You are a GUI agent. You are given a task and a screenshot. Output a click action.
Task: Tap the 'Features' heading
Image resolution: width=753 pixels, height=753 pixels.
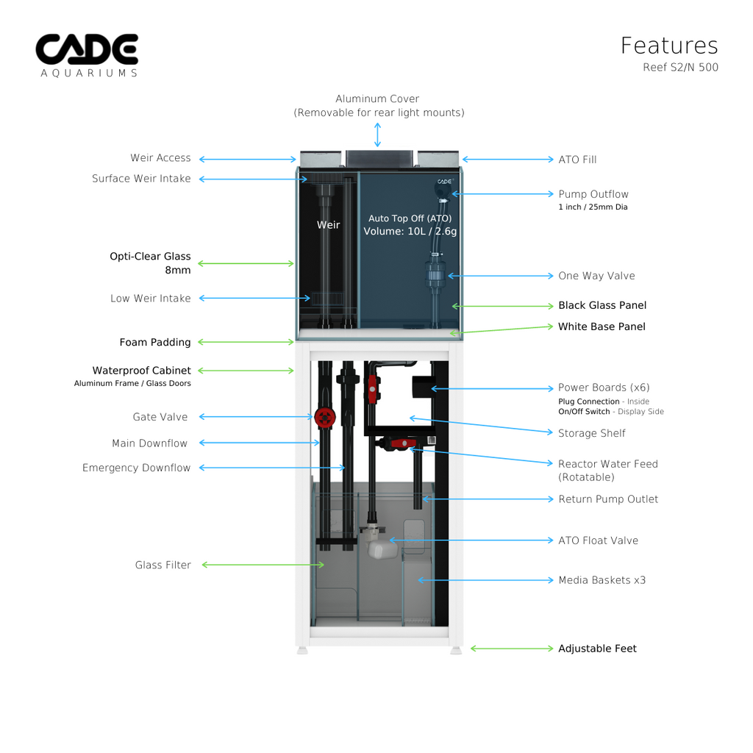click(x=668, y=46)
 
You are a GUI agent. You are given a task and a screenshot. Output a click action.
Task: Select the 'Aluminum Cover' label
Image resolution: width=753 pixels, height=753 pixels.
click(x=377, y=99)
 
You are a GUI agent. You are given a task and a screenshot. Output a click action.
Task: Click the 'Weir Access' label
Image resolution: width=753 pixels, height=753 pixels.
click(x=160, y=158)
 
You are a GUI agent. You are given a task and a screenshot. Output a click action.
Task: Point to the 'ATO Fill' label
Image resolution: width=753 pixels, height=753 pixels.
click(x=577, y=160)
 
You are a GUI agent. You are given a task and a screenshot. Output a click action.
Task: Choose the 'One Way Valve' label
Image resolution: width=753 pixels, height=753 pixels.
click(x=596, y=276)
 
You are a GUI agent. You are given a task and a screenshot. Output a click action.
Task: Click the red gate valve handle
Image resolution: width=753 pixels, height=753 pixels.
click(x=324, y=417)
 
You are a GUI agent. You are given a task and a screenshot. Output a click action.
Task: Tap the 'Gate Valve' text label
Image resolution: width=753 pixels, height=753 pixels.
click(x=160, y=417)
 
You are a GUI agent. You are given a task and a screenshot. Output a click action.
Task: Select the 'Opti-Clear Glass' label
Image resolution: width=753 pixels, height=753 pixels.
click(x=150, y=257)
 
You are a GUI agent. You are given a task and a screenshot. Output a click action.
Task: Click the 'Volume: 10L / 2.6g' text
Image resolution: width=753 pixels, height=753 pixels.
click(x=410, y=232)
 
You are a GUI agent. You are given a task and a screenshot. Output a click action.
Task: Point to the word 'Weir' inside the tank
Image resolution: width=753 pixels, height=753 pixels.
click(x=328, y=225)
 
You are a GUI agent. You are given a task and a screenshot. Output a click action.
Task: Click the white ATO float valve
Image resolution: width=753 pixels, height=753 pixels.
click(x=381, y=548)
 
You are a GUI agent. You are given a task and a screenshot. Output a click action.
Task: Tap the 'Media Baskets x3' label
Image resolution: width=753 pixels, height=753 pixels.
click(x=602, y=580)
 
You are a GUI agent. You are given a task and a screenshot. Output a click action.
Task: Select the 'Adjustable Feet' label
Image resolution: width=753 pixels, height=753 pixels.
click(x=597, y=649)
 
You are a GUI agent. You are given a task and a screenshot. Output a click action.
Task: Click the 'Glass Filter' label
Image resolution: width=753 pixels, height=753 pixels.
click(x=163, y=565)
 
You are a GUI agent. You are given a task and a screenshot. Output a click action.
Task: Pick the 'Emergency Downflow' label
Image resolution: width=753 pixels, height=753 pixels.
click(x=136, y=468)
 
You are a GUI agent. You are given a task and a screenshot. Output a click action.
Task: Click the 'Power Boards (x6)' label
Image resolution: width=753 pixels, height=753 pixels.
click(x=604, y=388)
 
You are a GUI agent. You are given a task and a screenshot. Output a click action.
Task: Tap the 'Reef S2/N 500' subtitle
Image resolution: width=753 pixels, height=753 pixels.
click(x=680, y=68)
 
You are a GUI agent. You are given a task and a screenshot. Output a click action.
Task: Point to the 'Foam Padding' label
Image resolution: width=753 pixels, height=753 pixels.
click(x=155, y=342)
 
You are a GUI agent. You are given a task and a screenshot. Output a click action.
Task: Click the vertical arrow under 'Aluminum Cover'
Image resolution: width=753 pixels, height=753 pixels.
click(x=377, y=135)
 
